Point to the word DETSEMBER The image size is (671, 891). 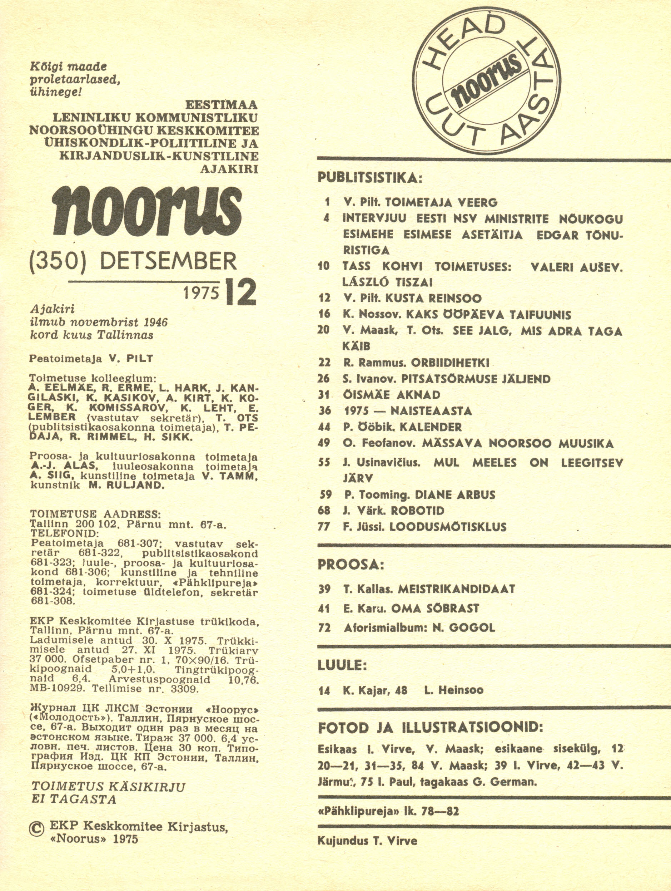click(x=168, y=261)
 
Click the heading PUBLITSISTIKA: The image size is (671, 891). click(x=370, y=178)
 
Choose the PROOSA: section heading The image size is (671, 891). click(x=351, y=565)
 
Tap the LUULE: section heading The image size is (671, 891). click(x=343, y=665)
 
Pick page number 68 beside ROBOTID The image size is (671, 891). click(x=324, y=511)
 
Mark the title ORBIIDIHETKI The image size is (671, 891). click(x=450, y=363)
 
